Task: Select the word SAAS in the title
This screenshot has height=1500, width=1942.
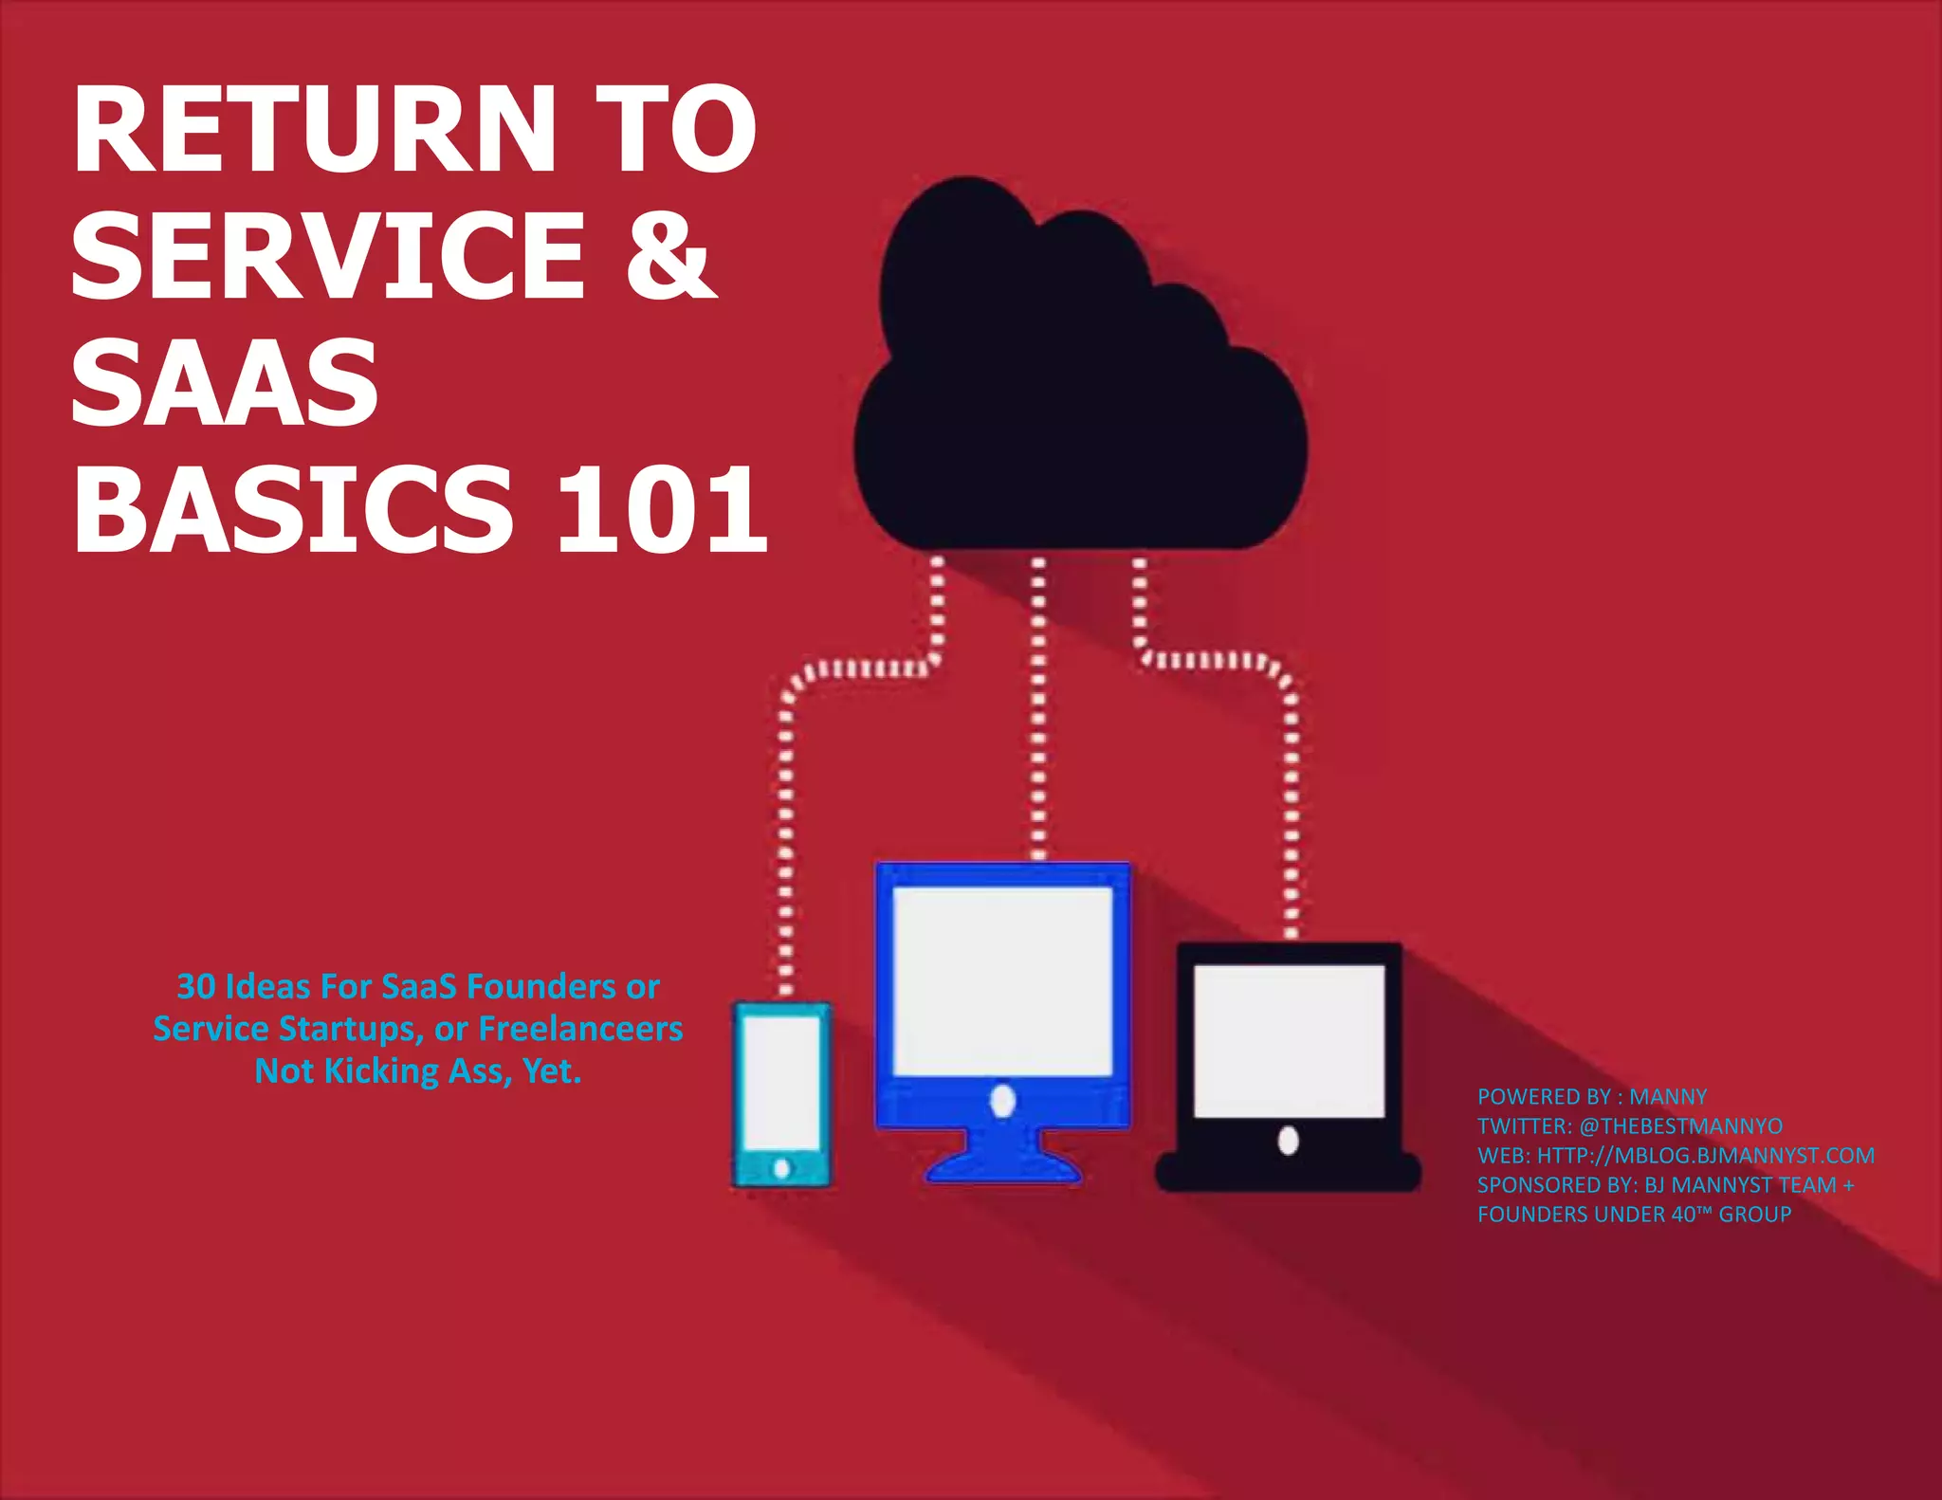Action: pos(225,382)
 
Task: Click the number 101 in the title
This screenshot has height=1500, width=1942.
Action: pos(661,511)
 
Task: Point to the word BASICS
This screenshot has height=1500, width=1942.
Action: pos(294,511)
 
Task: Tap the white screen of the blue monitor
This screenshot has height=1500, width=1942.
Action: pos(1002,980)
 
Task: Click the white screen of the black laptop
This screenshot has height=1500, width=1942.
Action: pos(1289,1040)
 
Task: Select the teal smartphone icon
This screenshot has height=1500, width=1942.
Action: pos(781,1094)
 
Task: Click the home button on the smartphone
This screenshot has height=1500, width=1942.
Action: pos(781,1168)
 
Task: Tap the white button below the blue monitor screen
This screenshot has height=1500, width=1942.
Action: pos(1002,1101)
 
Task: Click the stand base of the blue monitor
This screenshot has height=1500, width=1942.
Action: pos(1002,1168)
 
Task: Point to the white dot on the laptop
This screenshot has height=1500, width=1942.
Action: pos(1288,1140)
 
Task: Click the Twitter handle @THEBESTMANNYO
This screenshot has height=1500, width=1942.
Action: pos(1680,1126)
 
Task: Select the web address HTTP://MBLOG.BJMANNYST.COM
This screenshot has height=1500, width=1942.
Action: pos(1705,1156)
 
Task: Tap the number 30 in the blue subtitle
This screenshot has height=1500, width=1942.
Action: pos(196,987)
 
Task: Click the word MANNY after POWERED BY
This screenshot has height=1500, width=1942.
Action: pos(1667,1097)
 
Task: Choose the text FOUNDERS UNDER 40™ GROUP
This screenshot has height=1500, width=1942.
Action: pos(1634,1215)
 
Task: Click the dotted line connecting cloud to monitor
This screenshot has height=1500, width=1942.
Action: pos(1038,711)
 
